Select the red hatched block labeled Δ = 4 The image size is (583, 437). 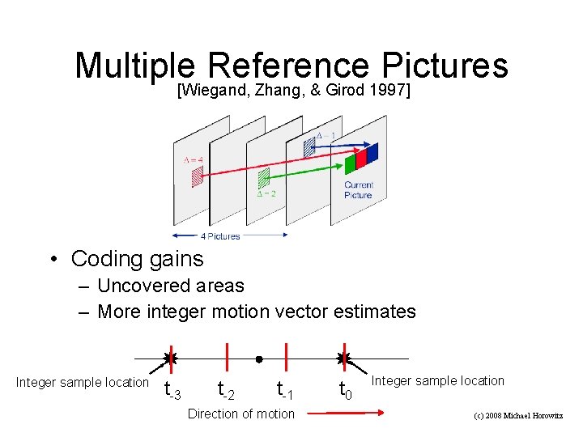pyautogui.click(x=197, y=177)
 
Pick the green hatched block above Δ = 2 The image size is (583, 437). pyautogui.click(x=263, y=179)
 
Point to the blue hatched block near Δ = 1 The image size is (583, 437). pyautogui.click(x=309, y=146)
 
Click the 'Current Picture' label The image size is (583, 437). pyautogui.click(x=358, y=190)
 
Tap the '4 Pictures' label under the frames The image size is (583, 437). pyautogui.click(x=220, y=236)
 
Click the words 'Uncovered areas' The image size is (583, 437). pyautogui.click(x=170, y=286)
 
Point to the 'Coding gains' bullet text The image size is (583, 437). pyautogui.click(x=138, y=259)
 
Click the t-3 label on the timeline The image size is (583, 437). pyautogui.click(x=172, y=391)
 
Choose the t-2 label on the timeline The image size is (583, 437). pyautogui.click(x=226, y=391)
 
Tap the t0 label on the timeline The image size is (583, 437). pyautogui.click(x=344, y=391)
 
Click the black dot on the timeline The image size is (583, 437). pyautogui.click(x=258, y=359)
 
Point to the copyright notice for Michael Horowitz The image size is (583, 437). pyautogui.click(x=517, y=415)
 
